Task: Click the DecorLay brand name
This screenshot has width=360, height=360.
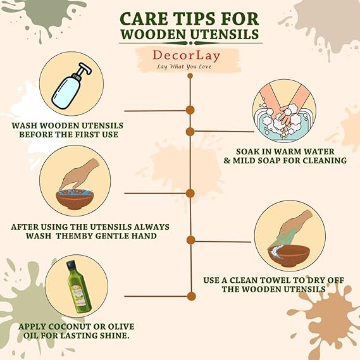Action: pyautogui.click(x=187, y=56)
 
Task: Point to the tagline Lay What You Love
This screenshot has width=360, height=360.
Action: pyautogui.click(x=184, y=67)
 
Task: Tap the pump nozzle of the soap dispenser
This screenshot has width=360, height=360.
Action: pyautogui.click(x=83, y=70)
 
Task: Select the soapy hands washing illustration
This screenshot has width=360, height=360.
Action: pyautogui.click(x=284, y=111)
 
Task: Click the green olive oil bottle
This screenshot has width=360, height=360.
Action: pyautogui.click(x=78, y=287)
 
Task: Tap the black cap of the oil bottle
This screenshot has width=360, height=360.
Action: pyautogui.click(x=70, y=264)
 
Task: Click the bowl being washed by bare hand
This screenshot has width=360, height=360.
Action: pyautogui.click(x=75, y=199)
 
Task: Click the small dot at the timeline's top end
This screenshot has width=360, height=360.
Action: pyautogui.click(x=190, y=76)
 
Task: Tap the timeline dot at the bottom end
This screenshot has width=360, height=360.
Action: pyautogui.click(x=191, y=296)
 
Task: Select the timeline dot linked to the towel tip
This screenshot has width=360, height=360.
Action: pyautogui.click(x=191, y=240)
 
